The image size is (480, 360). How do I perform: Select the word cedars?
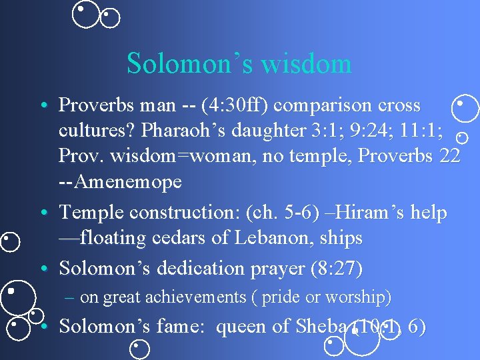193,238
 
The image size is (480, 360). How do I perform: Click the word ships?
341,238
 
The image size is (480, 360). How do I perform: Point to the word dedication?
203,269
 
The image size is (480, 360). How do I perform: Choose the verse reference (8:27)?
337,269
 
